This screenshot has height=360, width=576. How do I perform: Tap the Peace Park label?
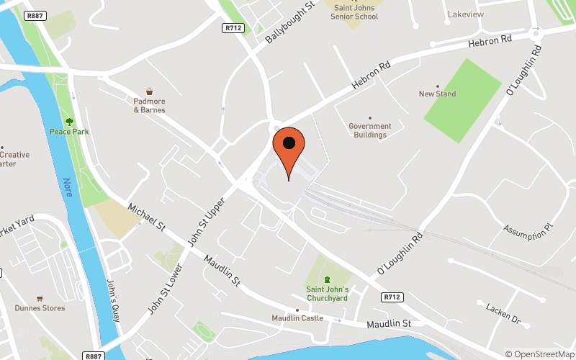[69, 132]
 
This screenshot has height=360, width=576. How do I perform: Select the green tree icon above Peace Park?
[69, 122]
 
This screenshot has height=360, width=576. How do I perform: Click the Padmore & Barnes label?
[149, 106]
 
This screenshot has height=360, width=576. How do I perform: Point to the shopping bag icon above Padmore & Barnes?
[149, 92]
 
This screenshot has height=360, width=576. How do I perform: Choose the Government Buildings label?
[370, 130]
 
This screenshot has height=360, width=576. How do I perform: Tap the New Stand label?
[437, 94]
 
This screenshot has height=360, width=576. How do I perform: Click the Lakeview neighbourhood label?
[466, 14]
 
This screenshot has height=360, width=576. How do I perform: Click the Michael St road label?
[146, 218]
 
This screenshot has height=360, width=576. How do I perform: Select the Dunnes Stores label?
[40, 308]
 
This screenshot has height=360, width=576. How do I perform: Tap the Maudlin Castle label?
[297, 318]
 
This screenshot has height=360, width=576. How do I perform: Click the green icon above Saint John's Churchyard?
[327, 279]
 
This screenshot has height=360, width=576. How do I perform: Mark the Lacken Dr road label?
[503, 312]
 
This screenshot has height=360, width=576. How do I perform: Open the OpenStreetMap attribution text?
[540, 354]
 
